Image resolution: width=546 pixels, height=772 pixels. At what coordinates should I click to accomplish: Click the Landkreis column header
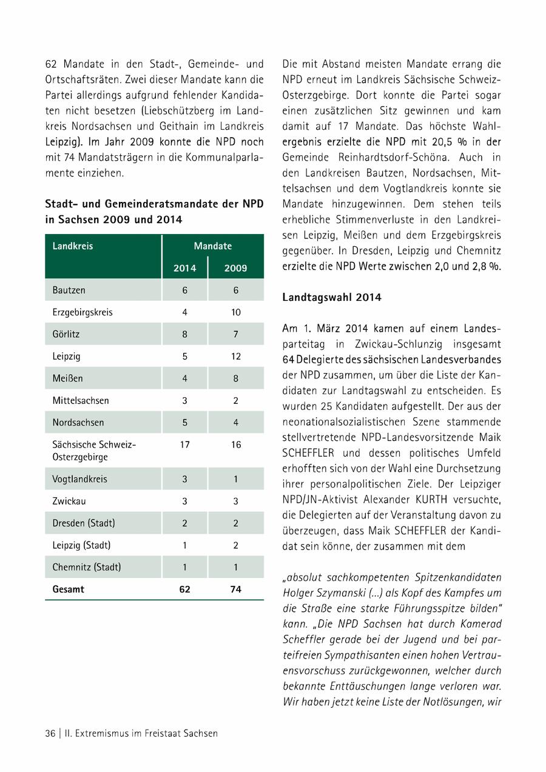click(73, 246)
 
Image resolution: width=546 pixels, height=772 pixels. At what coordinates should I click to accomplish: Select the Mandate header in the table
click(212, 246)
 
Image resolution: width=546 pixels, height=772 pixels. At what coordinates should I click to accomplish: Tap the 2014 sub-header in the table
click(184, 268)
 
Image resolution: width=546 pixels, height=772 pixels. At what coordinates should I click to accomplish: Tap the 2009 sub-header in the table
click(235, 268)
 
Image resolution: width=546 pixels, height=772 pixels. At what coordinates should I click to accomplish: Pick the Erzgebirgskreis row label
click(83, 312)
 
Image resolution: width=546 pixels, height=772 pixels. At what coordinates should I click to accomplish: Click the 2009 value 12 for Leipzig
click(235, 357)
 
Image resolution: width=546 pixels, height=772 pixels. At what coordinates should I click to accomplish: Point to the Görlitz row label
click(66, 334)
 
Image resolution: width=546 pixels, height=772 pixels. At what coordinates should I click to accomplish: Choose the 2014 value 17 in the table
click(184, 445)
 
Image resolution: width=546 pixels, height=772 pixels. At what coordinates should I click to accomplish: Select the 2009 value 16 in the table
click(235, 445)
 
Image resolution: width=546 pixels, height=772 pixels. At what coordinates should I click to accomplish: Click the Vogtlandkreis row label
click(79, 478)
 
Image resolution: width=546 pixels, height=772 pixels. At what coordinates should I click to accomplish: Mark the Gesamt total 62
click(184, 589)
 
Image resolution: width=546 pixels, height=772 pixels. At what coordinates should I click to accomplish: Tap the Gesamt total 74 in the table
click(235, 589)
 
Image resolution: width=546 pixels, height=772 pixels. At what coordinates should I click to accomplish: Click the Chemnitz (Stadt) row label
click(87, 567)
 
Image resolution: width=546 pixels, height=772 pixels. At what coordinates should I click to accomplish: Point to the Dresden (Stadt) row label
click(84, 523)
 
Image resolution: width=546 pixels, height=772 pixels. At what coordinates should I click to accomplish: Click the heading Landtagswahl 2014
click(332, 297)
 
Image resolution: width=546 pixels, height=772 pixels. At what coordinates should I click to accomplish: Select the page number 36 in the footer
click(50, 733)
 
